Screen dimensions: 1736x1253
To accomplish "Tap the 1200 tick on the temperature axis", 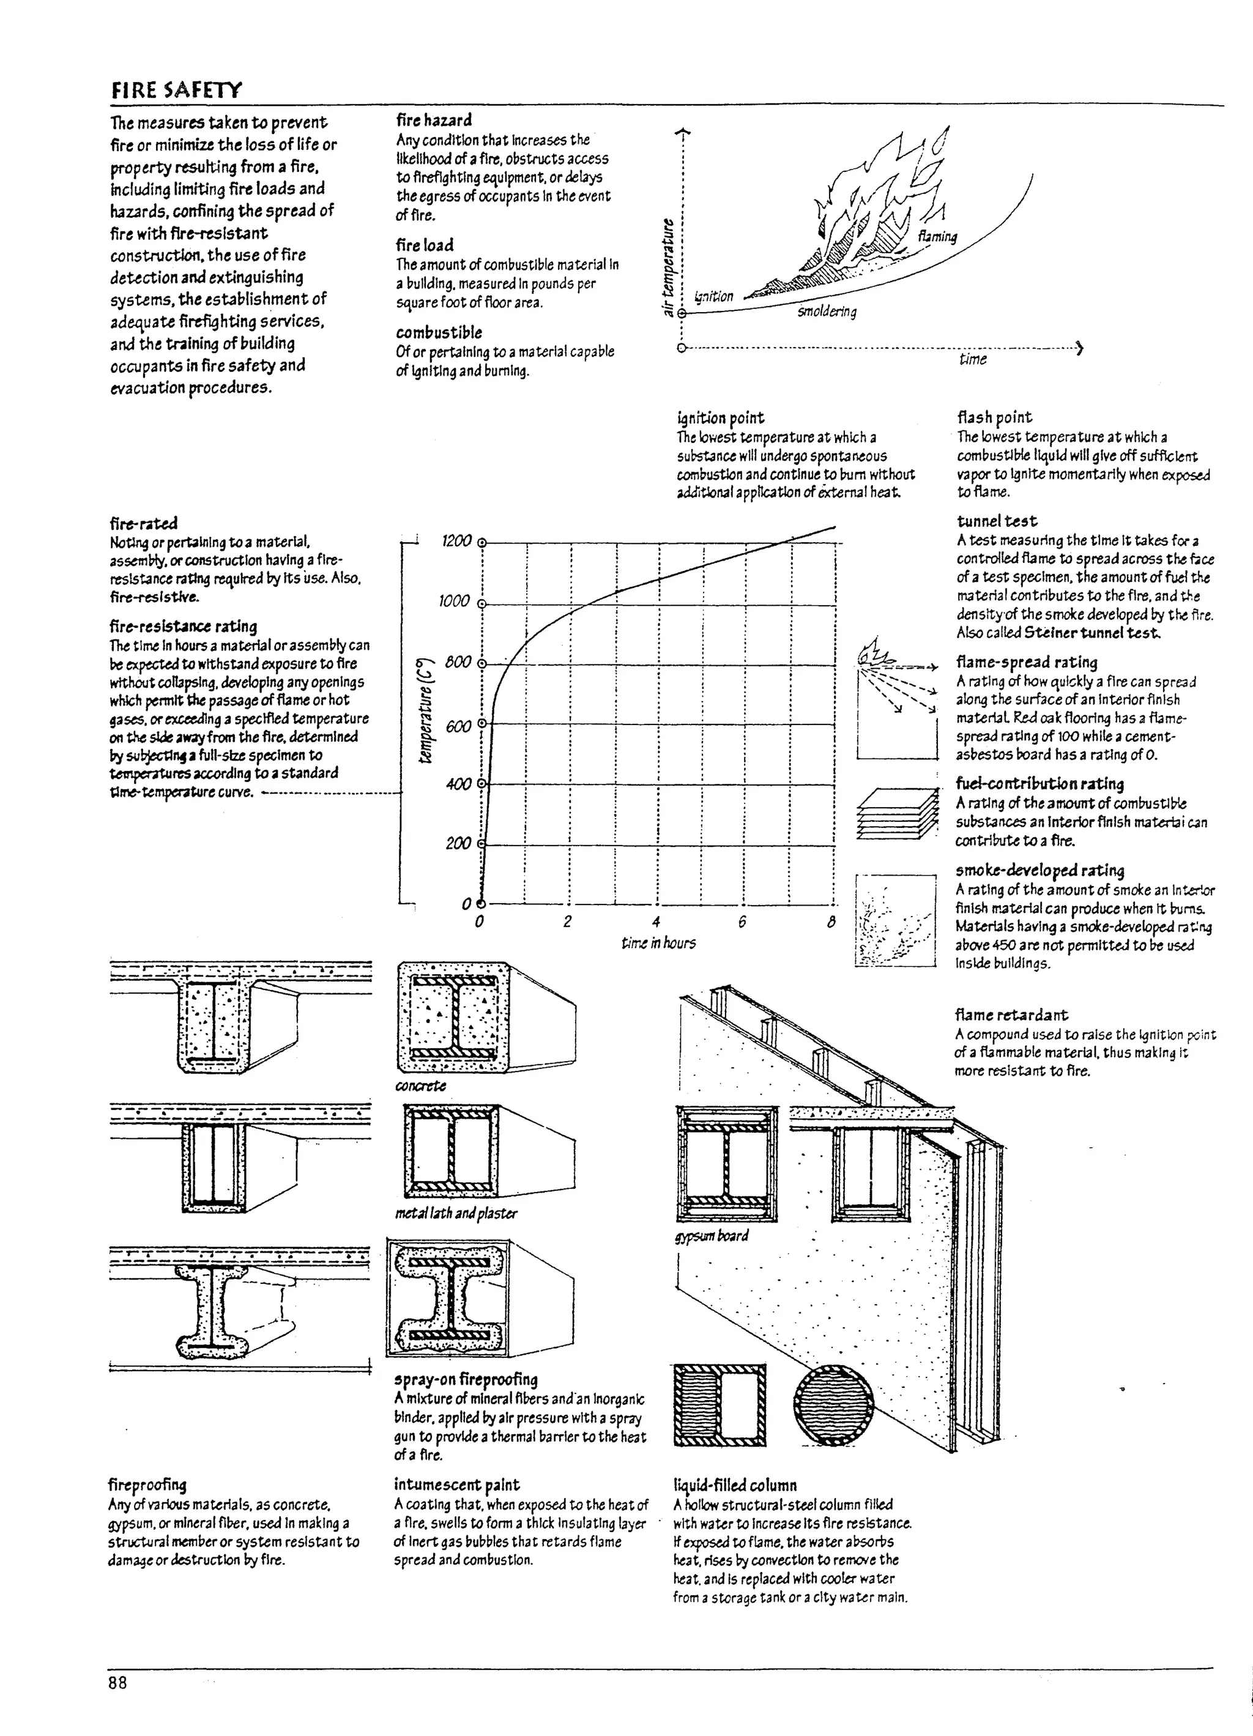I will pos(457,541).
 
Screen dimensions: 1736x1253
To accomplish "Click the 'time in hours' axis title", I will pos(658,943).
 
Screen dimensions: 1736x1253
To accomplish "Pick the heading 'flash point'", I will pos(994,417).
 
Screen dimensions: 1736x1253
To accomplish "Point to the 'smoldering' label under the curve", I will pos(827,311).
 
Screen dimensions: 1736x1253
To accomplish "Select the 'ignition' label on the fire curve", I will pos(713,296).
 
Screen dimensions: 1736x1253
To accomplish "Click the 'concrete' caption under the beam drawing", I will pos(420,1086).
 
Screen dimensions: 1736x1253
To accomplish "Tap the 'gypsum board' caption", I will pos(711,1235).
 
